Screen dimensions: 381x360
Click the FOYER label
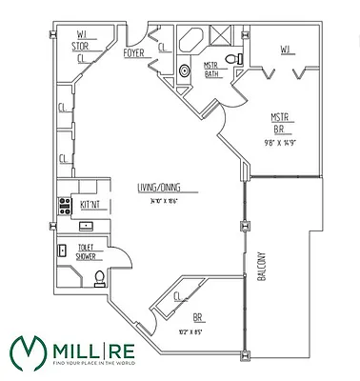point(134,53)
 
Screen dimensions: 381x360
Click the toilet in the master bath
point(240,59)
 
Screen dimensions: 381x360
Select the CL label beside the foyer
point(162,48)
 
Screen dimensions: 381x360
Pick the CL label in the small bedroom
point(177,297)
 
